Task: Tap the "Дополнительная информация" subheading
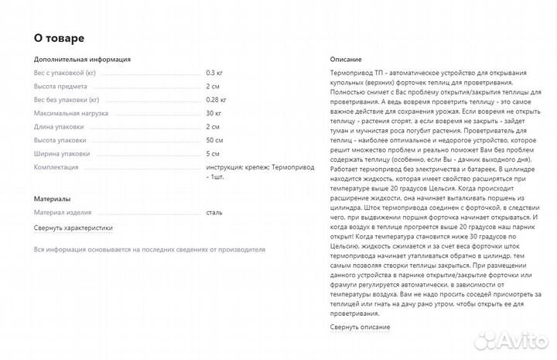point(82,59)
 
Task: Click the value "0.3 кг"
point(215,72)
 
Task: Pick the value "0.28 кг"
point(217,99)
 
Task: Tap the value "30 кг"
point(214,113)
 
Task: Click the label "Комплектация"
point(56,167)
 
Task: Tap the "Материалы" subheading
point(53,199)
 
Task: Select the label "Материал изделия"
point(62,212)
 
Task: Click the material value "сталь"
point(214,212)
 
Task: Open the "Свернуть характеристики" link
point(73,228)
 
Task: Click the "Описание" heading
point(346,59)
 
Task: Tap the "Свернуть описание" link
point(360,327)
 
